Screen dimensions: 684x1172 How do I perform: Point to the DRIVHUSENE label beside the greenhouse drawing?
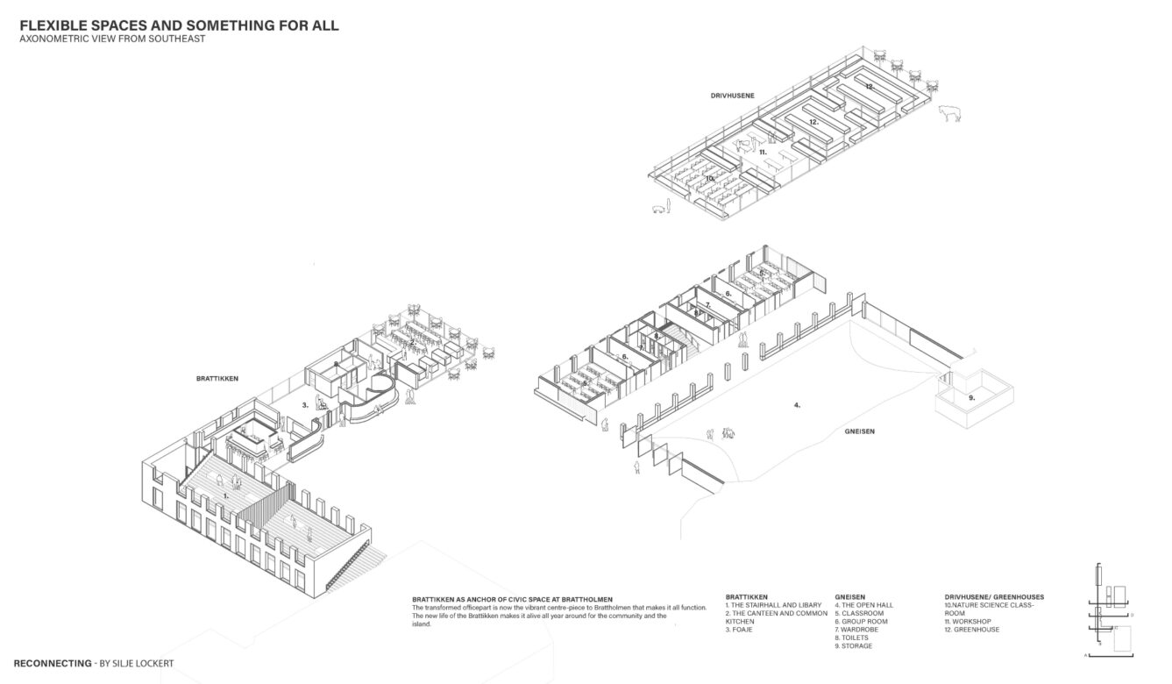tap(734, 95)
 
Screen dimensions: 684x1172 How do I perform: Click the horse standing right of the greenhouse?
tap(950, 114)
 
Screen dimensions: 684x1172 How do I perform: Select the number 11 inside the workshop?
tap(763, 152)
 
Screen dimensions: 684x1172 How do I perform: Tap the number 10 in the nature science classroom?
tap(709, 178)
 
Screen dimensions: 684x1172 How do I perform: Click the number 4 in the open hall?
tap(797, 405)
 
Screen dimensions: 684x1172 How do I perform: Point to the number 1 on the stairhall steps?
tap(225, 495)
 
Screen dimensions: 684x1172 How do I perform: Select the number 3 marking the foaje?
tap(305, 405)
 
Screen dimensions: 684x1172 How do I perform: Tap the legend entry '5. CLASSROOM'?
tap(859, 613)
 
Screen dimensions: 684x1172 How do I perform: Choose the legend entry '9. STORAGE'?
tap(855, 646)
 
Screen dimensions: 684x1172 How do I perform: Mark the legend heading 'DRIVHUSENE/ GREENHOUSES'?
tap(988, 597)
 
